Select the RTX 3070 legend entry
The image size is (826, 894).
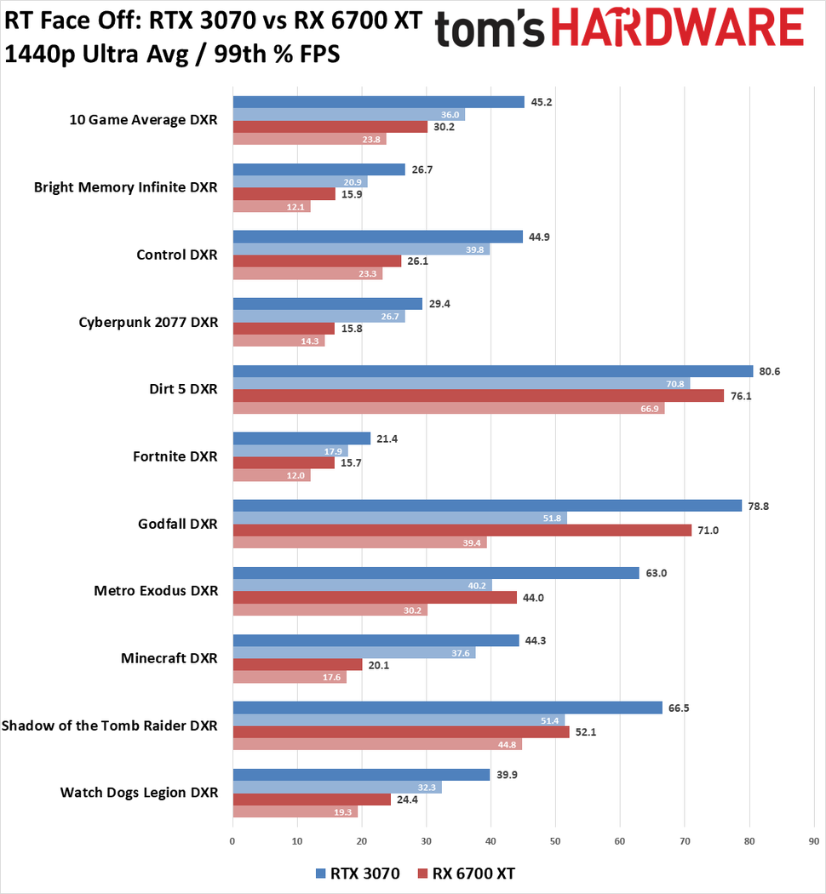(x=357, y=874)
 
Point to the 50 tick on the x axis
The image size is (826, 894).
(x=555, y=840)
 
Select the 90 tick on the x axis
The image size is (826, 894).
(x=813, y=840)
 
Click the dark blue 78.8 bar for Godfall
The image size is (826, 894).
(x=486, y=506)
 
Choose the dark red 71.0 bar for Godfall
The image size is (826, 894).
(x=462, y=530)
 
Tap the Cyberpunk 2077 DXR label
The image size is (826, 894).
(x=148, y=322)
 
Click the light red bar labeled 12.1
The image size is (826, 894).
(x=271, y=206)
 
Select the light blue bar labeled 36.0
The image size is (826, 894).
(x=348, y=115)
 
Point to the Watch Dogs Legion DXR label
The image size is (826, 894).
(x=139, y=793)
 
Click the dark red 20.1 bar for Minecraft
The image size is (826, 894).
(x=297, y=665)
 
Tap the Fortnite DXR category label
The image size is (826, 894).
(x=175, y=456)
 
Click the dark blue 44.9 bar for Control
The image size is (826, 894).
(x=377, y=237)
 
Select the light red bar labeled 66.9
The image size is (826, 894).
(x=448, y=408)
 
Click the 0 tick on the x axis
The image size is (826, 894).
(x=232, y=840)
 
